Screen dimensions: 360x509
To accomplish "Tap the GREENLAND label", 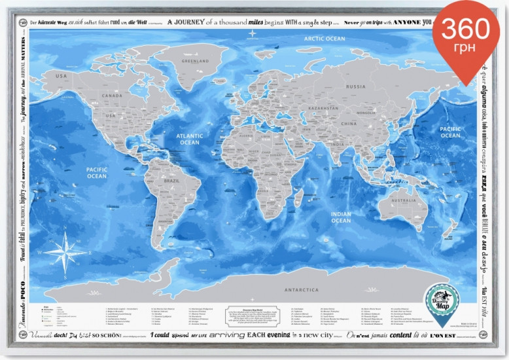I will (195, 62).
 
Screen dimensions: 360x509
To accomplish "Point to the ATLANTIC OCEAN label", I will (190, 139).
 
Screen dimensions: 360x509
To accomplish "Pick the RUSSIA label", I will (356, 86).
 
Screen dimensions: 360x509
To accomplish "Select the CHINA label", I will (349, 123).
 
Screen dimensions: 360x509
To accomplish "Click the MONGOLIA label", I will (363, 111).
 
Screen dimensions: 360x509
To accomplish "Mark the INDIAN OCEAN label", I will (341, 217).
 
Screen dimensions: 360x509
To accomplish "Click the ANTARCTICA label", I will (302, 289).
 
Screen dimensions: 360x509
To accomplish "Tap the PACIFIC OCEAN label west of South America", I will (96, 172).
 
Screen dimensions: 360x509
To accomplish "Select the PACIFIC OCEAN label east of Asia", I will (450, 132).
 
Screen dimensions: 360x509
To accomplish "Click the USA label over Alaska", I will (61, 76).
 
